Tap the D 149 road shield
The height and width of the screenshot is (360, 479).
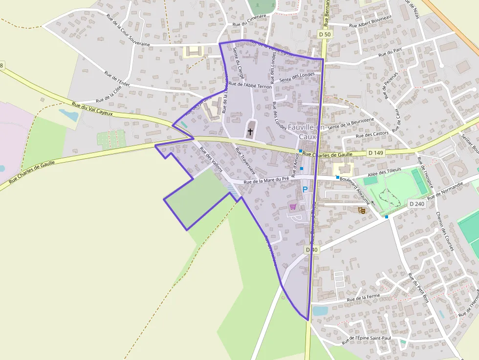[x=376, y=153]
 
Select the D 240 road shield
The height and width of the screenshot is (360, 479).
[x=417, y=203]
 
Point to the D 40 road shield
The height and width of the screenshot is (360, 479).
[x=312, y=250]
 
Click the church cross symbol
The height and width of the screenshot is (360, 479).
[x=250, y=131]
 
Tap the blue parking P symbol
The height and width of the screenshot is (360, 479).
[x=305, y=190]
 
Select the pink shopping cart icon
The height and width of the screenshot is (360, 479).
[x=293, y=207]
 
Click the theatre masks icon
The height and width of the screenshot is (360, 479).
[x=362, y=210]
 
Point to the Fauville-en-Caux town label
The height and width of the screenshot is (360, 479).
[x=303, y=132]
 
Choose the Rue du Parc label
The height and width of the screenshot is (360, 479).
[x=390, y=52]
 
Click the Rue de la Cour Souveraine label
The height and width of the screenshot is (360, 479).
[x=128, y=30]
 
